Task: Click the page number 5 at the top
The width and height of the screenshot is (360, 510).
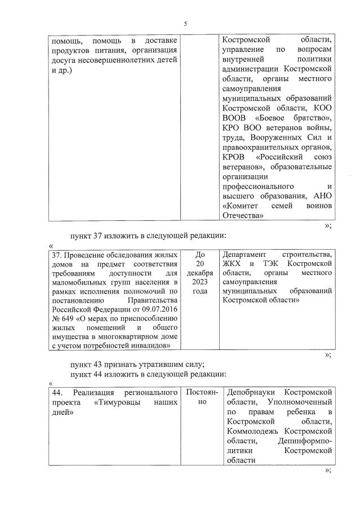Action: point(185,24)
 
